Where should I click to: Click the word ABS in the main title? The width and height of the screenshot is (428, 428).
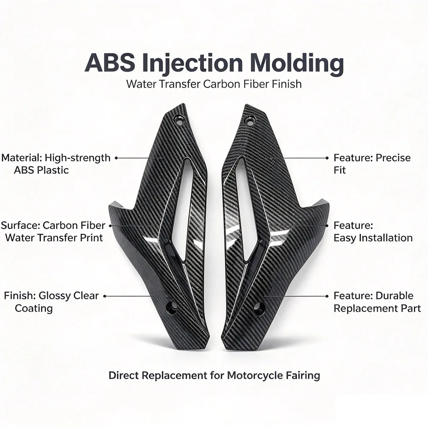point(110,63)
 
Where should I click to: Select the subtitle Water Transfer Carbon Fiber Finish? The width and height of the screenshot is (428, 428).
point(214,84)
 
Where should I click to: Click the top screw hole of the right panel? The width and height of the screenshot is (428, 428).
point(249,120)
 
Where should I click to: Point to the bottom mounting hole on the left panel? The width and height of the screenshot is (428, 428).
point(172,307)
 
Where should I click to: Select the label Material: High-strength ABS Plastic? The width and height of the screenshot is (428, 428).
point(56,164)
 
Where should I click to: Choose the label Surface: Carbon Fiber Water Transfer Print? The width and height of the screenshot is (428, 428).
point(53,232)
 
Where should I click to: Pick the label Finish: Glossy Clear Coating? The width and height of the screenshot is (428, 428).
point(51,302)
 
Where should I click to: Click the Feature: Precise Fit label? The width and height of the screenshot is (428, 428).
point(372,164)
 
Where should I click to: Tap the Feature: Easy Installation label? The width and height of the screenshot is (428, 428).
point(373,232)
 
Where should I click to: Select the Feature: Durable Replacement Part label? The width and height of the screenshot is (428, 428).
point(377,302)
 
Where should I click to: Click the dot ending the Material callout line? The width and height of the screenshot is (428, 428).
point(116,158)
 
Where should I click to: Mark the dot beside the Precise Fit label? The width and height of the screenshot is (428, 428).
point(327,158)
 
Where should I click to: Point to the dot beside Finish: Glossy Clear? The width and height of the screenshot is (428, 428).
point(104,296)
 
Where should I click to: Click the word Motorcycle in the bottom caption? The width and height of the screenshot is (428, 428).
point(255,376)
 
